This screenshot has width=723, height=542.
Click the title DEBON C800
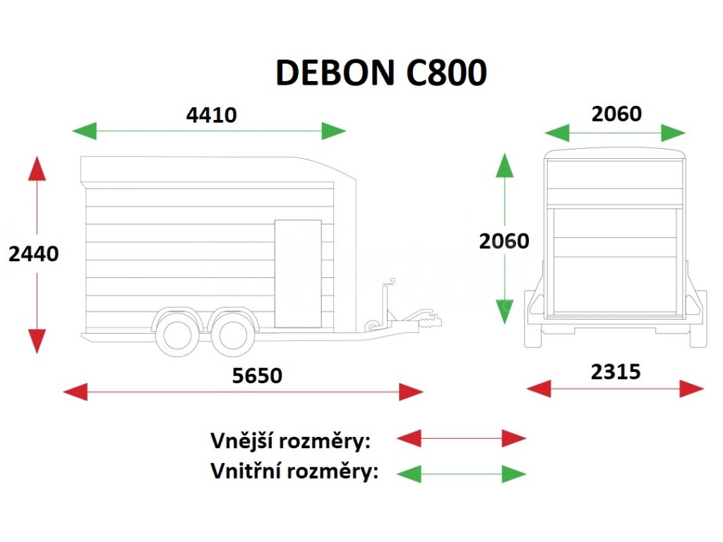(x=381, y=73)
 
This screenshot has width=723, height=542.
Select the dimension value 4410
(x=211, y=114)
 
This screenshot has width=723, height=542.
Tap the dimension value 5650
(x=257, y=375)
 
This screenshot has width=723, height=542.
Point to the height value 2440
(x=33, y=253)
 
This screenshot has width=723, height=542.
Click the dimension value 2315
(x=616, y=371)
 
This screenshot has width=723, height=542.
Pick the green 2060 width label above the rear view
(x=616, y=114)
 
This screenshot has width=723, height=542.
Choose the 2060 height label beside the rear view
(x=503, y=241)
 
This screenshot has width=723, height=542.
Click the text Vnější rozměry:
(x=291, y=441)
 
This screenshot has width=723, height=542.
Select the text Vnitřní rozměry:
(x=294, y=471)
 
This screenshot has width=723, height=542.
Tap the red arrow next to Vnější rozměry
(x=461, y=438)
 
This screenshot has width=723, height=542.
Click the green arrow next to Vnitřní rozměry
(x=461, y=473)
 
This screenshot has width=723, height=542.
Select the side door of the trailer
(x=297, y=274)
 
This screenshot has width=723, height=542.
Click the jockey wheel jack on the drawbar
(x=386, y=303)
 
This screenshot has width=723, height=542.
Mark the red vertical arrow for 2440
(x=37, y=254)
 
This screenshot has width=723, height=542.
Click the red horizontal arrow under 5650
(x=243, y=392)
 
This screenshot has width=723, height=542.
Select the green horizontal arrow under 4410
(x=210, y=131)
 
